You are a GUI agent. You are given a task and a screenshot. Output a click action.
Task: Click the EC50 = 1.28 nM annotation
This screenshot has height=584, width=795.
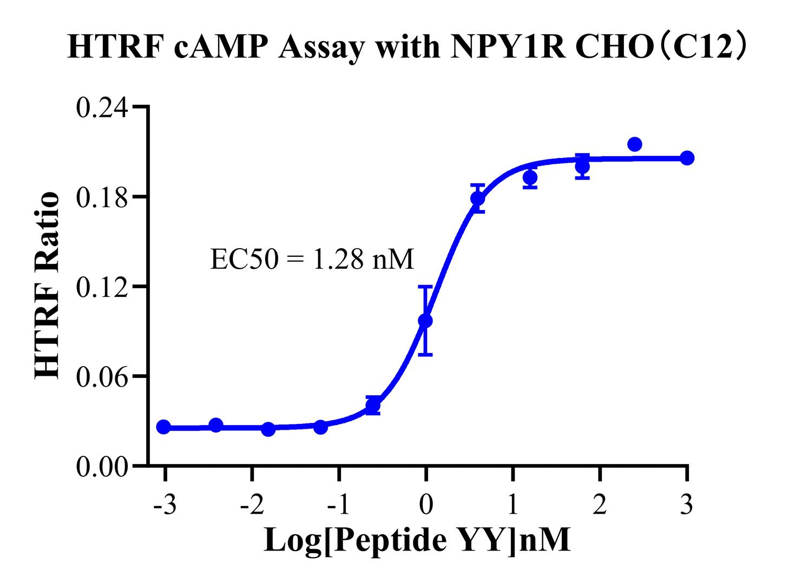pyautogui.click(x=312, y=260)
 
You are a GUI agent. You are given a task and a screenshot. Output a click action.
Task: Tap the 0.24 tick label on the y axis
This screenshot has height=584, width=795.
pyautogui.click(x=103, y=108)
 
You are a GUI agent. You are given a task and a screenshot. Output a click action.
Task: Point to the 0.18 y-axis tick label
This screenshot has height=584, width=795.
pyautogui.click(x=103, y=197)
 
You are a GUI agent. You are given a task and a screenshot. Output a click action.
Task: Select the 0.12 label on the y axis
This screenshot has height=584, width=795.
pyautogui.click(x=103, y=287)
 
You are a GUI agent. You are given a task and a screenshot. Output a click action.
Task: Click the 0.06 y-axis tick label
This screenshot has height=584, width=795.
pyautogui.click(x=103, y=376)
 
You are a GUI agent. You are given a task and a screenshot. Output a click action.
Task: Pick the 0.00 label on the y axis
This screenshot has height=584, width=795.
pyautogui.click(x=103, y=466)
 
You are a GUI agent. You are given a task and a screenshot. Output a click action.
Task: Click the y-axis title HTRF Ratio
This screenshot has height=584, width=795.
pyautogui.click(x=48, y=286)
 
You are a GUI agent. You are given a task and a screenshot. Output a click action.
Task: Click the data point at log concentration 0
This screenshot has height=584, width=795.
pyautogui.click(x=426, y=321)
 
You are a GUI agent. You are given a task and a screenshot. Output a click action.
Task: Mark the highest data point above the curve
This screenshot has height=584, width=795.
pyautogui.click(x=635, y=144)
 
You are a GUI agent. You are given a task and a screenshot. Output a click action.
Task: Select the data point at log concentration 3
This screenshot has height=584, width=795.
pyautogui.click(x=687, y=158)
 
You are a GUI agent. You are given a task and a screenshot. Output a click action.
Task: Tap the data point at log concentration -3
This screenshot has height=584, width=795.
pyautogui.click(x=163, y=427)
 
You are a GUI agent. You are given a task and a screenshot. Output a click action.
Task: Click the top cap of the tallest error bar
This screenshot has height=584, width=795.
pyautogui.click(x=426, y=287)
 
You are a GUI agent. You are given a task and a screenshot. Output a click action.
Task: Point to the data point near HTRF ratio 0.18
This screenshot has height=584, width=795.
pyautogui.click(x=478, y=198)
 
